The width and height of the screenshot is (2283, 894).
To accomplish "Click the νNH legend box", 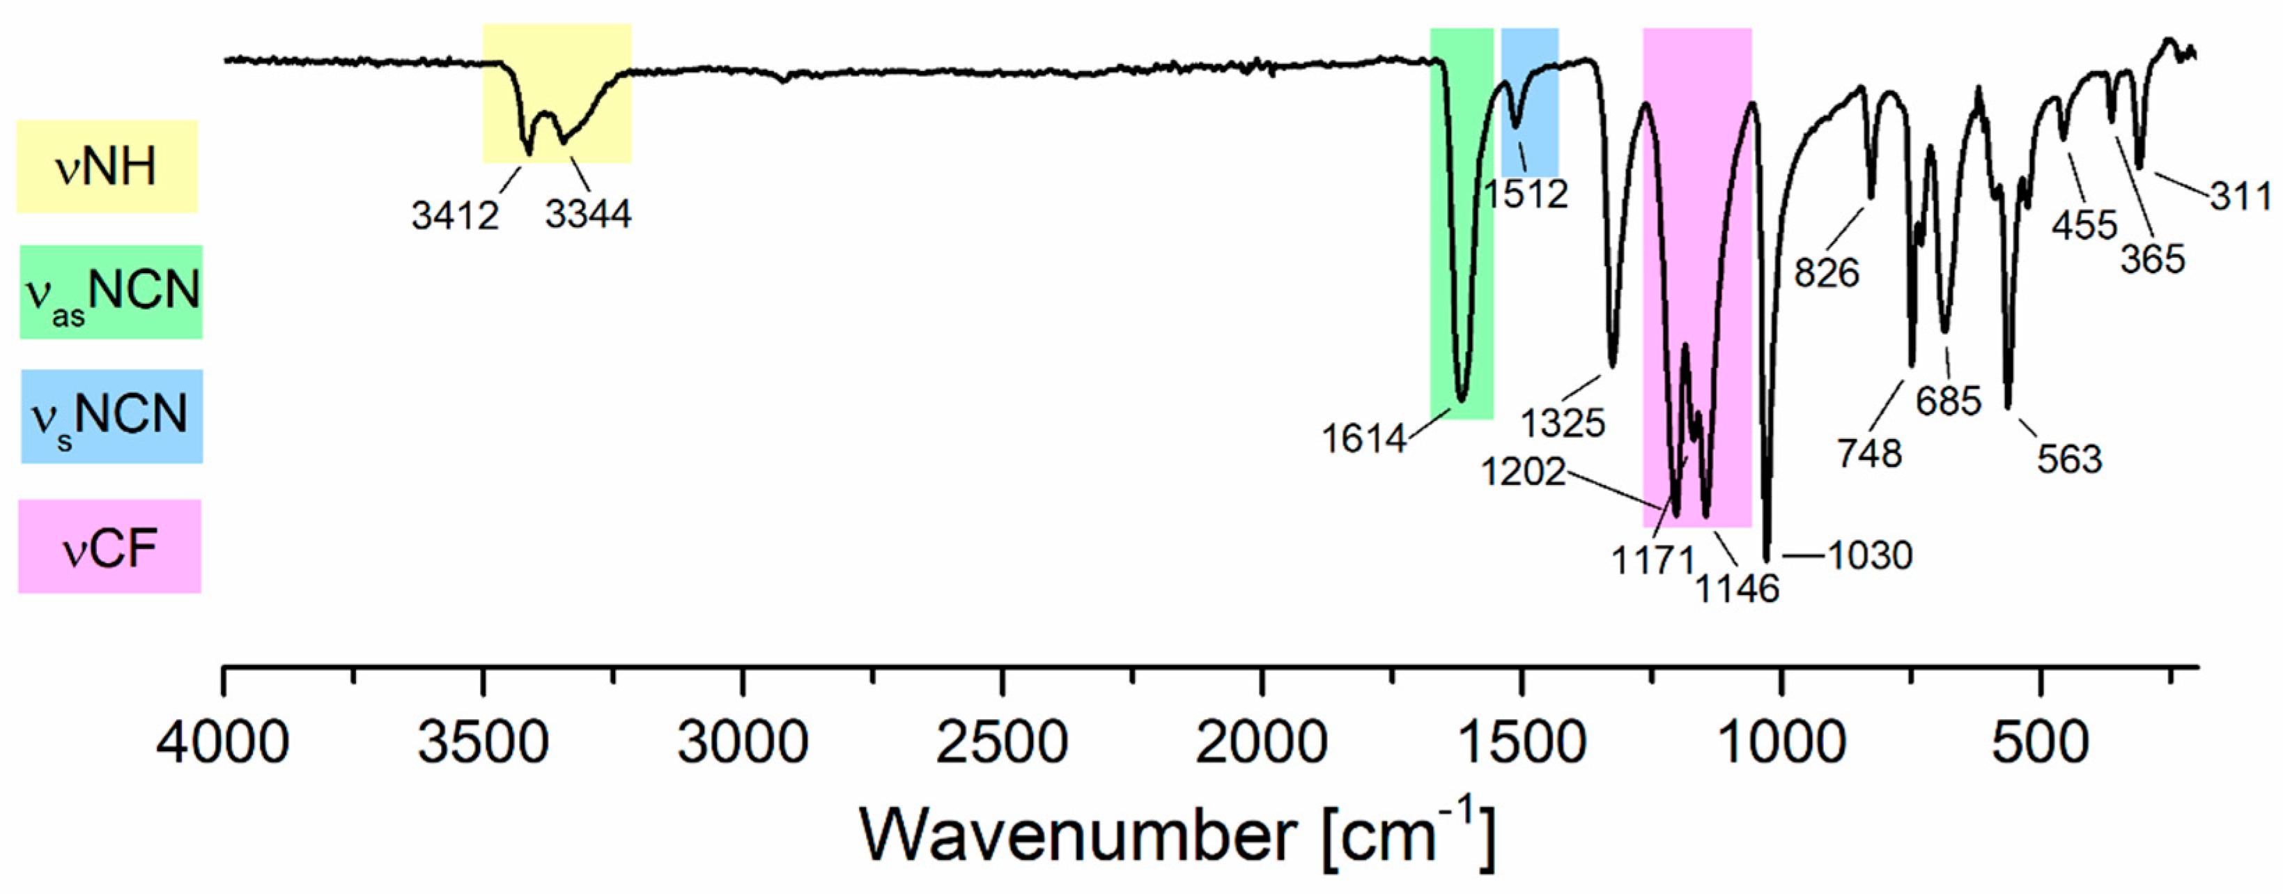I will (107, 167).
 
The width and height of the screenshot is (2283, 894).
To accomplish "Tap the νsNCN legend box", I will (111, 415).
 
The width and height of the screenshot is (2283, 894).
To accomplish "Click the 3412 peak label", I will (455, 215).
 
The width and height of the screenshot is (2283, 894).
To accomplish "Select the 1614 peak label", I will (1363, 438).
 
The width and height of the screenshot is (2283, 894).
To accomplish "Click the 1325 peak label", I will (1563, 424).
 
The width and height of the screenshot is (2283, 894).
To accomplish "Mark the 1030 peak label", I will (1870, 555).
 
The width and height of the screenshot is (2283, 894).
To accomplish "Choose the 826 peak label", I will (1827, 273).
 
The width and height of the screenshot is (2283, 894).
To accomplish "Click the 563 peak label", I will (2068, 459).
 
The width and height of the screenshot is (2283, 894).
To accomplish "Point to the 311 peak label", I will (2241, 196).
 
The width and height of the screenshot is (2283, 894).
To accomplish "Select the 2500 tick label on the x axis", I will (1002, 741).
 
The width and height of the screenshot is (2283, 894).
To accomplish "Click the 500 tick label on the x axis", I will (2040, 741).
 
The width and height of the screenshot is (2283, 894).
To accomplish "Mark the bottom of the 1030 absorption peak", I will (1766, 558).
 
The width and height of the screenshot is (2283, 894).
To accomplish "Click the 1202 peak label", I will (1523, 472).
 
